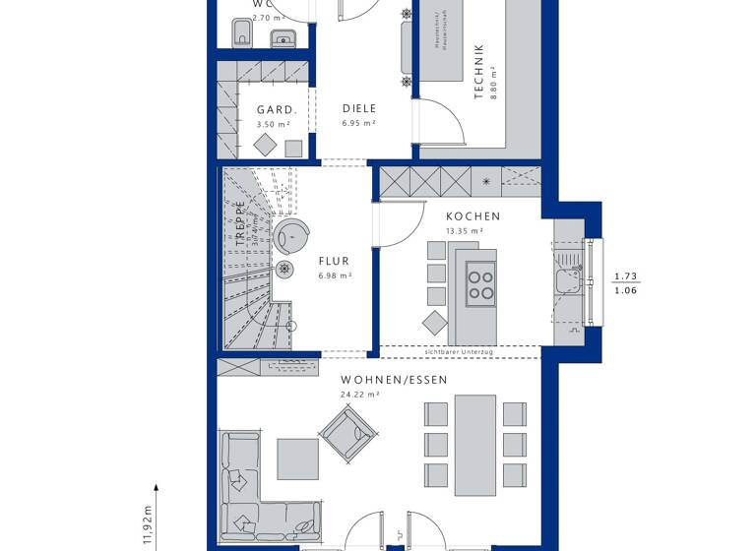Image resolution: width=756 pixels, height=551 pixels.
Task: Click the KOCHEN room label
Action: click(472, 216)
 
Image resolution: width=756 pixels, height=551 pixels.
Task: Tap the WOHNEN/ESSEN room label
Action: click(394, 380)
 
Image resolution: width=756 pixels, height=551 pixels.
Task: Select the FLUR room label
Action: click(334, 262)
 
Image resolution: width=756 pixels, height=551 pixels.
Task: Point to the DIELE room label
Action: click(359, 109)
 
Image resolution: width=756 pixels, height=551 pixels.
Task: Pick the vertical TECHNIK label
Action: click(479, 71)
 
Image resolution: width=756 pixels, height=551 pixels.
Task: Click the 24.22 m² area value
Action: click(359, 395)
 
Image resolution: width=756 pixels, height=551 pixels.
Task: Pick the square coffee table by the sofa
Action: click(297, 458)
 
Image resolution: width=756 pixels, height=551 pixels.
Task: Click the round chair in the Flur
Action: click(291, 236)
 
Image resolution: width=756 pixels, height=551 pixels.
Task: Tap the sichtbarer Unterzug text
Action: click(458, 351)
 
